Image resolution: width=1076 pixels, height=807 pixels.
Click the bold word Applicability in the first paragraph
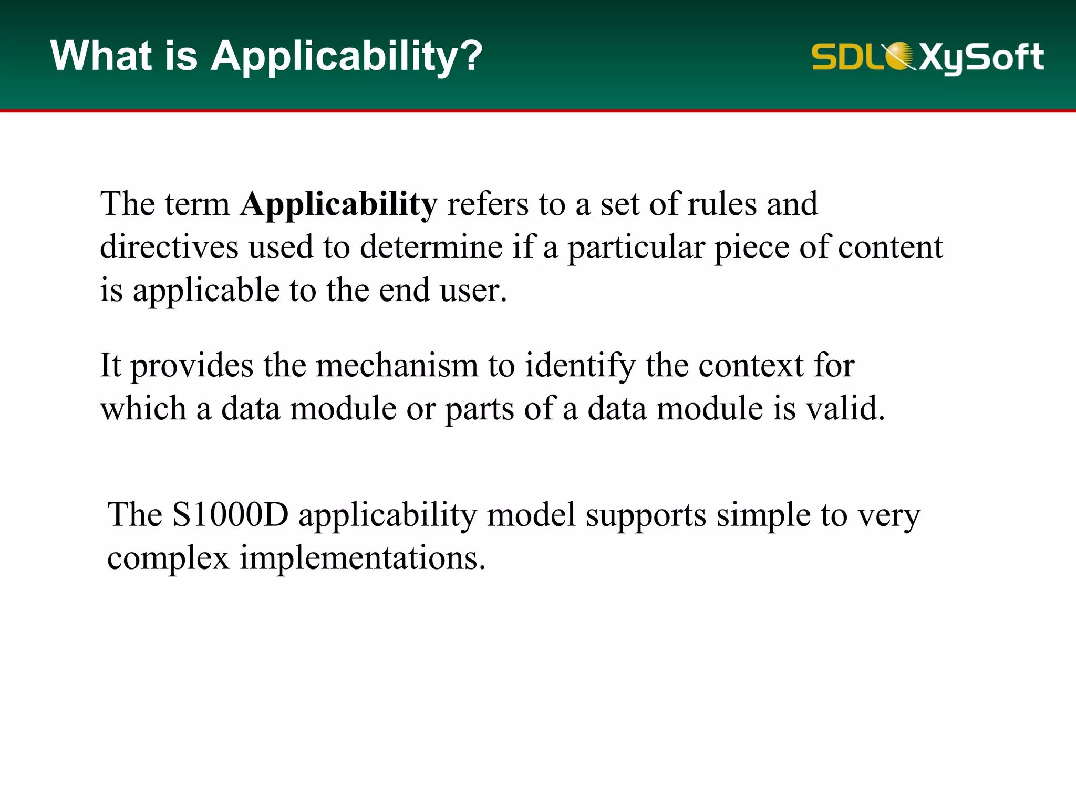338,205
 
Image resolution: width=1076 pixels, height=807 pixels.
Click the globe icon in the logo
899,55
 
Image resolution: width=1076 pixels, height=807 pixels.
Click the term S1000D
230,515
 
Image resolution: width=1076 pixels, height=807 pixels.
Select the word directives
169,247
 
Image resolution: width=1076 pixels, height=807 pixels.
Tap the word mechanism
397,366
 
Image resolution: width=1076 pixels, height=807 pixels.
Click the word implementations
363,558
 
